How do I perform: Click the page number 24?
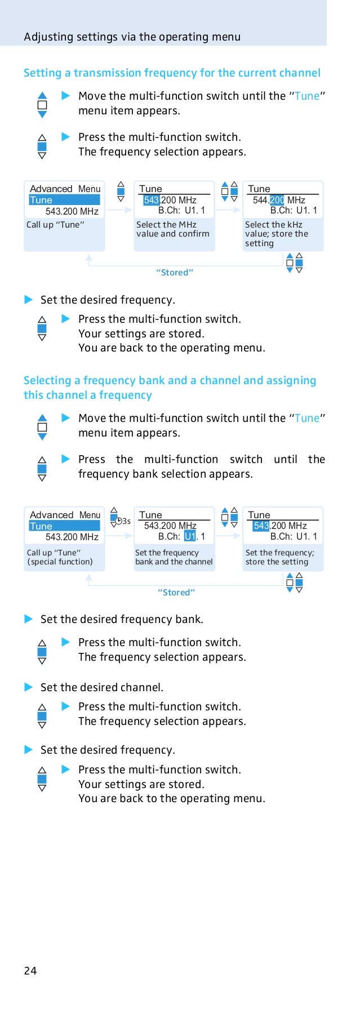pos(30,970)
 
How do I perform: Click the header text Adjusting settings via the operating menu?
pos(132,37)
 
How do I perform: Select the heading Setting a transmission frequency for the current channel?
pos(172,73)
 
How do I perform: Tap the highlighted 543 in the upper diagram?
pos(152,200)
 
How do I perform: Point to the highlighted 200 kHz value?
pos(277,200)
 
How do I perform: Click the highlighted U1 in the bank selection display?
pos(190,536)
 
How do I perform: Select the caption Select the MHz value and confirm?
pos(172,229)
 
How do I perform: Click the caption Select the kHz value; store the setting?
pos(277,234)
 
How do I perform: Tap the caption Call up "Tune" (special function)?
pos(60,557)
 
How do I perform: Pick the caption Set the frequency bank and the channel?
pos(174,557)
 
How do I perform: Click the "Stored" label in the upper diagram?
pos(175,273)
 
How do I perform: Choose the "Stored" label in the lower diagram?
pos(176,593)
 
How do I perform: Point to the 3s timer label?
pos(125,522)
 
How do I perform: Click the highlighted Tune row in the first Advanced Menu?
pos(64,200)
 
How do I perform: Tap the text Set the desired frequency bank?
pos(122,620)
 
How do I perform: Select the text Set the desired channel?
pos(102,687)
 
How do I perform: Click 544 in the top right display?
pos(260,200)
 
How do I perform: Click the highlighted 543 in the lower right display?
pos(261,526)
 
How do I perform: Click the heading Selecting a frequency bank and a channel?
pos(170,381)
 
